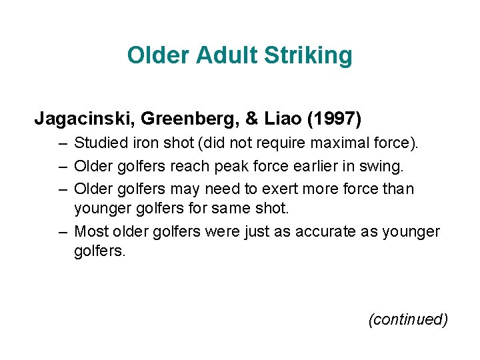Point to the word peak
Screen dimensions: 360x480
click(x=226, y=165)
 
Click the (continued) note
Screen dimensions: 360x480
click(x=408, y=319)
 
